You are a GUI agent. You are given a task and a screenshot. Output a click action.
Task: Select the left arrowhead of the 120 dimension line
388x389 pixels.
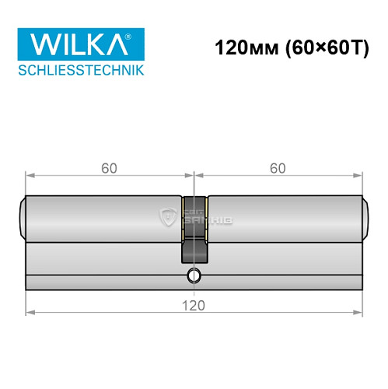tap(30, 313)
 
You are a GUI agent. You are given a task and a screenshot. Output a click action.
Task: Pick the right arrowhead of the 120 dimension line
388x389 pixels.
tap(358, 313)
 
